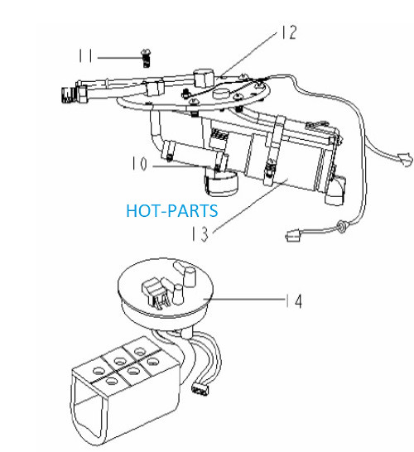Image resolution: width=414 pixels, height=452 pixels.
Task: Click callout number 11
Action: (85, 55)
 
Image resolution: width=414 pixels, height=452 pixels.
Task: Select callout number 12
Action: (289, 32)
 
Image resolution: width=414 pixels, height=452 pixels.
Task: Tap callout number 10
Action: (140, 163)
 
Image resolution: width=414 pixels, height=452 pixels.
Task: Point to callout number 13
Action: (200, 233)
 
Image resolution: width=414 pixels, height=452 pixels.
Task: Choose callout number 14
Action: (294, 301)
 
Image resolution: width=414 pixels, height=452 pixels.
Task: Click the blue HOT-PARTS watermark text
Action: (172, 211)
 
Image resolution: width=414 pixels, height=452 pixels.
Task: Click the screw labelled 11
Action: (147, 58)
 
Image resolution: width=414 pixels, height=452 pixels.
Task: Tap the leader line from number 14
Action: (243, 300)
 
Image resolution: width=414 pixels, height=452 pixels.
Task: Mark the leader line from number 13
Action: (250, 205)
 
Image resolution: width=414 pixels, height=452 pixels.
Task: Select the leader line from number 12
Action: (248, 54)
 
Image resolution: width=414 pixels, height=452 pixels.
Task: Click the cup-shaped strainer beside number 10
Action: (222, 184)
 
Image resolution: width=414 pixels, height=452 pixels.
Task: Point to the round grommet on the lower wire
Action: (342, 225)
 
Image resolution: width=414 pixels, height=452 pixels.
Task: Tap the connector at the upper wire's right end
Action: (406, 160)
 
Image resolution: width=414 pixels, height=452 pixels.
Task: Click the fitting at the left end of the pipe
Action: (69, 95)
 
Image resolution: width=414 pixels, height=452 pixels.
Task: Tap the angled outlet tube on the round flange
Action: (185, 272)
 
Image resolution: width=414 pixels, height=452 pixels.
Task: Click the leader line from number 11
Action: (119, 58)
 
